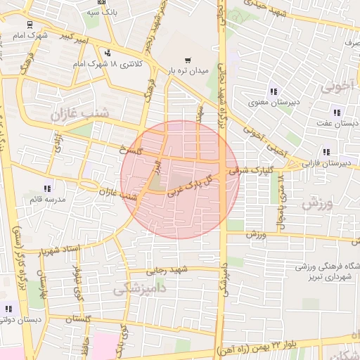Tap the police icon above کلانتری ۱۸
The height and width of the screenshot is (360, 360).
point(107,52)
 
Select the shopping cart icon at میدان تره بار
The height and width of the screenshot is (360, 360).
point(187,60)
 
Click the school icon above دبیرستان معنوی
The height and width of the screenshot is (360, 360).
point(273,91)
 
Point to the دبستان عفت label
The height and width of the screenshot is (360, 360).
point(337,123)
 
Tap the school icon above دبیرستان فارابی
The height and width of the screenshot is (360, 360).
point(326,152)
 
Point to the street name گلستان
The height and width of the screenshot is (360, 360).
point(79,319)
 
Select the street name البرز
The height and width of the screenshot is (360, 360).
point(159,168)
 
